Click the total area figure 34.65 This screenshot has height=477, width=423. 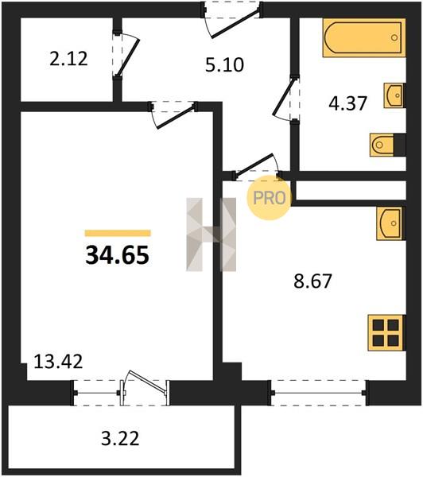tap(117, 255)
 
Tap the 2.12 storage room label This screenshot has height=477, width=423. tap(68, 59)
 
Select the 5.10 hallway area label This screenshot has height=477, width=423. tap(224, 65)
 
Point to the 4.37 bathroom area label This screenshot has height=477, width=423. tap(347, 103)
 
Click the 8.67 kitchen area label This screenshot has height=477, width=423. tap(312, 281)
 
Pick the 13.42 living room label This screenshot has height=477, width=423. tap(58, 362)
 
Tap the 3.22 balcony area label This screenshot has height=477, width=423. tap(120, 439)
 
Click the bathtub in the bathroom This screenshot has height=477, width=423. tap(364, 37)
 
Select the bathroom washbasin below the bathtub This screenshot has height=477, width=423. tap(394, 95)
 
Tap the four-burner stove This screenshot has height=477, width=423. tap(386, 333)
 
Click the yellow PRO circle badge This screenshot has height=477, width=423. tap(269, 198)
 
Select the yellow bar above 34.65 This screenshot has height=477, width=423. tap(118, 233)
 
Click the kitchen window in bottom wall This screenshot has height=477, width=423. tap(319, 393)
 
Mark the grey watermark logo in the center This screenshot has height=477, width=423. tap(211, 235)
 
